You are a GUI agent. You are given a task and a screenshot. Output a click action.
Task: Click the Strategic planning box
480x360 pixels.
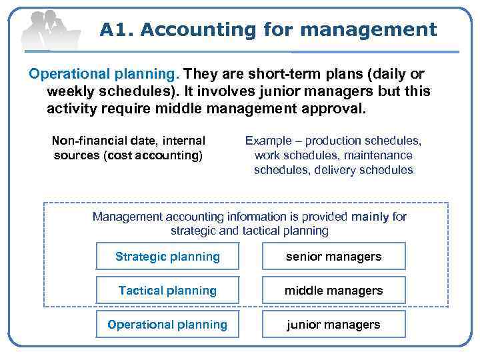click(x=167, y=257)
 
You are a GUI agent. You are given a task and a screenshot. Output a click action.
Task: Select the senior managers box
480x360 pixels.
click(x=333, y=257)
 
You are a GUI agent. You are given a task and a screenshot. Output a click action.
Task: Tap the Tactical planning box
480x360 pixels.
click(x=167, y=291)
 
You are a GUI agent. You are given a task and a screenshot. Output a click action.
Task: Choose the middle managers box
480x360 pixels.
click(x=333, y=291)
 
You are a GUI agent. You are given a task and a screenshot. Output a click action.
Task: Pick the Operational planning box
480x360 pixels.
click(x=167, y=325)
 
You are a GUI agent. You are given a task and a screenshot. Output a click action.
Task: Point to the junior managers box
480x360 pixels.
click(x=333, y=325)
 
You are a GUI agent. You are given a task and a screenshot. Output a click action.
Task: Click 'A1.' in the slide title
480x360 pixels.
click(x=117, y=30)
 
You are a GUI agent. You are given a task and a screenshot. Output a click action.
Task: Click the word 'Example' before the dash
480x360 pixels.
click(x=268, y=141)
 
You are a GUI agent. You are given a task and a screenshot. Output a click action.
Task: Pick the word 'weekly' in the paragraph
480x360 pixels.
click(x=69, y=91)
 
